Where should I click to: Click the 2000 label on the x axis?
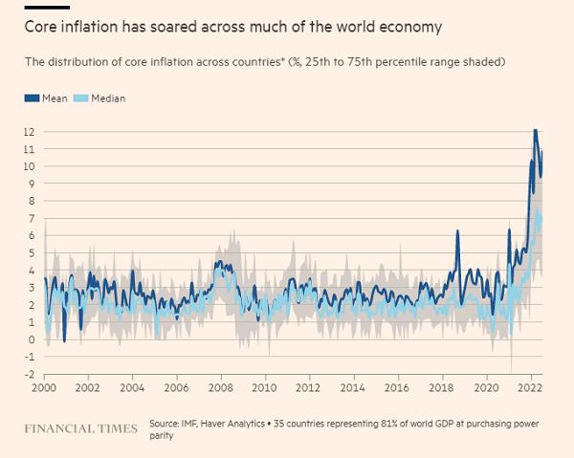point(44,389)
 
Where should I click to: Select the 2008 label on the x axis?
point(220,389)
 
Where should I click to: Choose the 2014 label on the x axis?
point(352,389)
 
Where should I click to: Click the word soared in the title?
point(162,27)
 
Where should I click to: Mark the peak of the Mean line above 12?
point(535,129)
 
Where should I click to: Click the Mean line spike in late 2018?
point(457,231)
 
